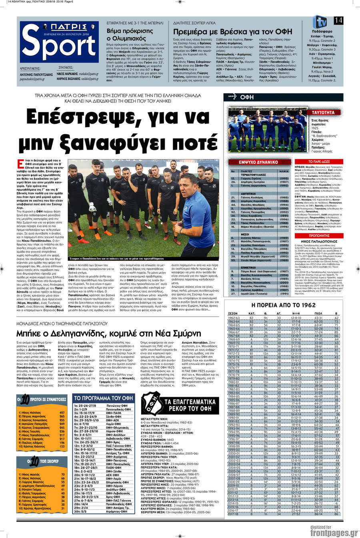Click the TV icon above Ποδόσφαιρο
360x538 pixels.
point(320,22)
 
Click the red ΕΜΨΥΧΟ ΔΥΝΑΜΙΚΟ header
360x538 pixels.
point(258,162)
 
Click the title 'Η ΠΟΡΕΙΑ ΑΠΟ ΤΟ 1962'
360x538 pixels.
point(283,305)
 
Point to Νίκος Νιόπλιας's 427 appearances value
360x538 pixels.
point(62,412)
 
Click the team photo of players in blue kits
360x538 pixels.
point(268,128)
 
